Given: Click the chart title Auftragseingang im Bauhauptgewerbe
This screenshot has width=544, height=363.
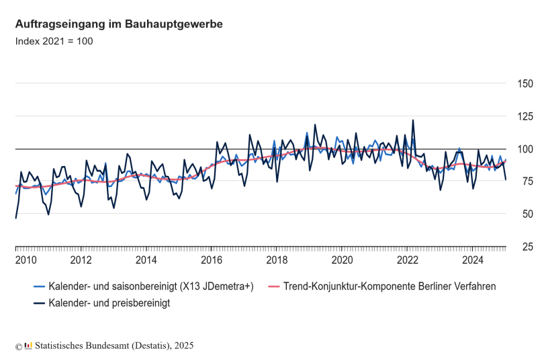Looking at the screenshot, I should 119,24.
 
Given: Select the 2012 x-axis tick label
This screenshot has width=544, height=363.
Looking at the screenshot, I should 81,260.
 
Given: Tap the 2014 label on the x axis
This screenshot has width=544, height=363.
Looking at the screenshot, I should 146,260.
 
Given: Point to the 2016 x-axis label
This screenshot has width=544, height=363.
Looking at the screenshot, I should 212,260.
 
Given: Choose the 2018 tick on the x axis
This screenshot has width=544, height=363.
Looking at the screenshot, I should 277,260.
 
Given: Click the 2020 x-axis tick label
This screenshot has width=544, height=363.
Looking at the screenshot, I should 343,260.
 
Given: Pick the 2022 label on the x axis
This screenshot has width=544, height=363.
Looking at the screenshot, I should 408,260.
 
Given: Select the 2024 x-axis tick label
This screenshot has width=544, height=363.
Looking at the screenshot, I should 473,260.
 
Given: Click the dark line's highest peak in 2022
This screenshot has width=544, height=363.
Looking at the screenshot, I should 413,120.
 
